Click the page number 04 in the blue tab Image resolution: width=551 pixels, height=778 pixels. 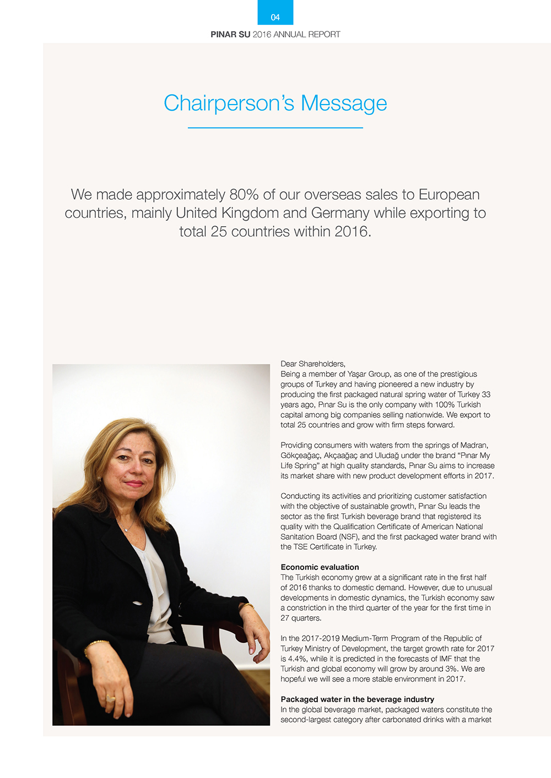pyautogui.click(x=275, y=18)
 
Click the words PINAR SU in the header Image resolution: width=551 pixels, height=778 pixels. pyautogui.click(x=230, y=35)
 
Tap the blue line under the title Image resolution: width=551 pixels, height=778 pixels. pyautogui.click(x=275, y=128)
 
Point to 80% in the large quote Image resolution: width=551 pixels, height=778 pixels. pyautogui.click(x=244, y=195)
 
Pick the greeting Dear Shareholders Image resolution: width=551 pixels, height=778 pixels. pyautogui.click(x=312, y=364)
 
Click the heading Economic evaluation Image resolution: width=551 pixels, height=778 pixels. pyautogui.click(x=320, y=567)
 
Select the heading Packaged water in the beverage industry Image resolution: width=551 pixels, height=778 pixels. pyautogui.click(x=357, y=699)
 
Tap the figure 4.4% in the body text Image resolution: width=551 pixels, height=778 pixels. pyautogui.click(x=298, y=659)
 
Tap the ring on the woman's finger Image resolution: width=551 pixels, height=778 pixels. pyautogui.click(x=110, y=698)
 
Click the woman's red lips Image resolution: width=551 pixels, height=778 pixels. pyautogui.click(x=134, y=484)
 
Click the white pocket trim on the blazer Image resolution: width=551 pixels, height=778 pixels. pyautogui.click(x=138, y=603)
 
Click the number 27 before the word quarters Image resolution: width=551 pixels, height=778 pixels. pyautogui.click(x=285, y=618)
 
